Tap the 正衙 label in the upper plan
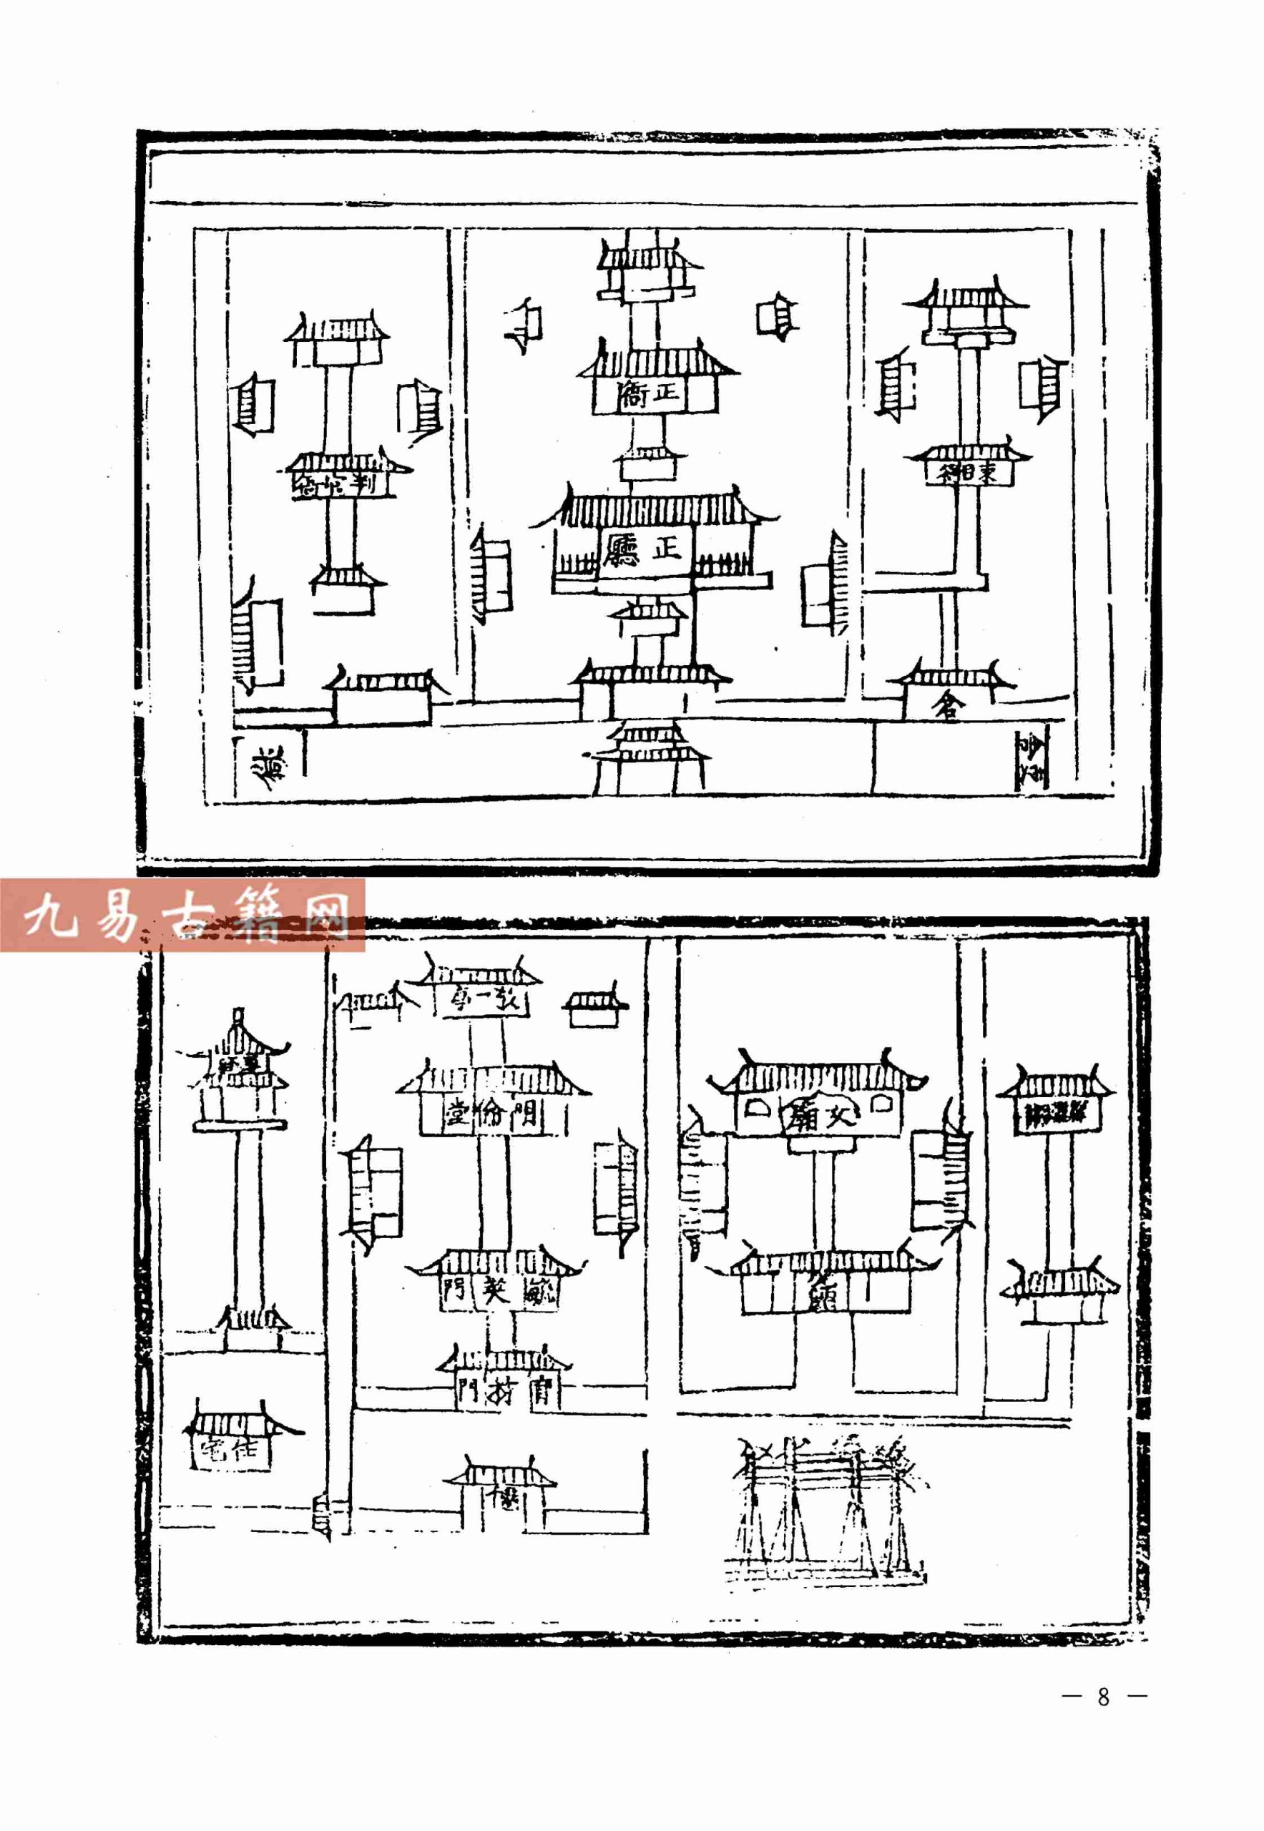[650, 393]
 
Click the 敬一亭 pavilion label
[482, 1001]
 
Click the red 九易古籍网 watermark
[182, 915]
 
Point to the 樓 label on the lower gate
[504, 1496]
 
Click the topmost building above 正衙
[649, 269]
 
